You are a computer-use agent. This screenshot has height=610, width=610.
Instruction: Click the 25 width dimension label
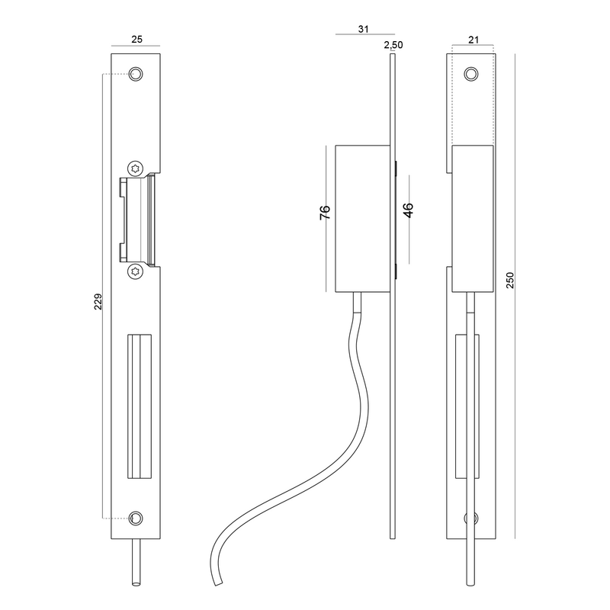[x=137, y=40]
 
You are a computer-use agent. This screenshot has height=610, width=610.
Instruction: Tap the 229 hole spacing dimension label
[x=98, y=301]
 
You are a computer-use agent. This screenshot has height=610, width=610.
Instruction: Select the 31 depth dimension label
[x=364, y=29]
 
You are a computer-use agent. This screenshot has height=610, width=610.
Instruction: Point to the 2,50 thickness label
[x=393, y=45]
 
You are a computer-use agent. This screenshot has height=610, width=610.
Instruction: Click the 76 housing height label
[x=325, y=213]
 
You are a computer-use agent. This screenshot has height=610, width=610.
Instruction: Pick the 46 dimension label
[x=408, y=210]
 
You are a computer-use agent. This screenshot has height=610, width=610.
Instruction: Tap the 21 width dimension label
[x=474, y=40]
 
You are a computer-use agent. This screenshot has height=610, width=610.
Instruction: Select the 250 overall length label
[x=510, y=280]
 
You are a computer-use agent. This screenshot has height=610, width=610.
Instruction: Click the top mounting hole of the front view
[x=136, y=73]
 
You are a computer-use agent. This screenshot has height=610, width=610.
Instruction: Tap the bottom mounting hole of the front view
[x=136, y=518]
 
